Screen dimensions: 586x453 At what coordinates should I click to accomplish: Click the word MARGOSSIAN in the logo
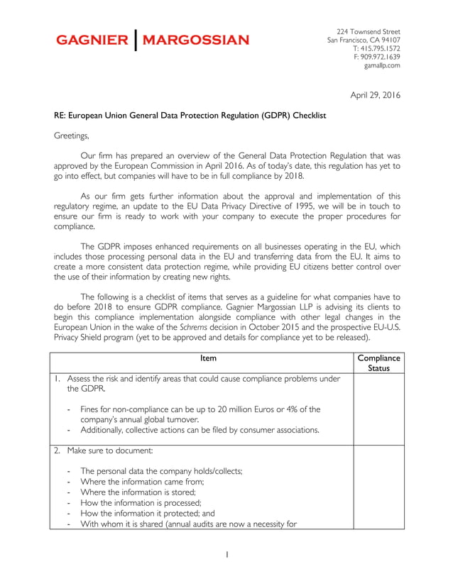point(196,40)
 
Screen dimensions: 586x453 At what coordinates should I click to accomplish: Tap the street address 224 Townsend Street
point(368,32)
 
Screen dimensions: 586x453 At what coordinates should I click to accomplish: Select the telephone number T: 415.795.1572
point(376,48)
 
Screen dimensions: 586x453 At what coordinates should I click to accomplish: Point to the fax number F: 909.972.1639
point(376,57)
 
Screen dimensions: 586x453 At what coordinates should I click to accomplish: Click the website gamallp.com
point(382,65)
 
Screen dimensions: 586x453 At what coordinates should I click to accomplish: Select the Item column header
point(208,358)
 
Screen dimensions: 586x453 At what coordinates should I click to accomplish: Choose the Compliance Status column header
point(378,363)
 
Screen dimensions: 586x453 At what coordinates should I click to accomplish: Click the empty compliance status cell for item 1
point(378,409)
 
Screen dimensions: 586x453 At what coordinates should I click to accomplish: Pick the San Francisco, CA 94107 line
point(364,40)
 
